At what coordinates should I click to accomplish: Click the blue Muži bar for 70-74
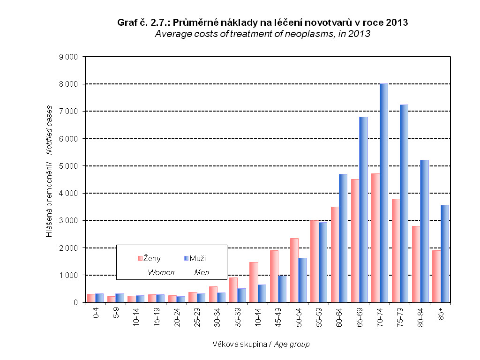[x=384, y=193]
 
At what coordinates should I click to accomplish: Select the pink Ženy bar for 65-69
[x=355, y=240]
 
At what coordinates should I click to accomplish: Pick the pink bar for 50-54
[x=294, y=270]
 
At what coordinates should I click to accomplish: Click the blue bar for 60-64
[x=343, y=238]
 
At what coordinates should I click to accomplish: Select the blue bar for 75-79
[x=404, y=203]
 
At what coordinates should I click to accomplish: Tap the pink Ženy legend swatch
[x=140, y=258]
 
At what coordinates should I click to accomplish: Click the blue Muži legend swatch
[x=186, y=258]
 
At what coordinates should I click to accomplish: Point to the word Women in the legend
[x=161, y=272]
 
